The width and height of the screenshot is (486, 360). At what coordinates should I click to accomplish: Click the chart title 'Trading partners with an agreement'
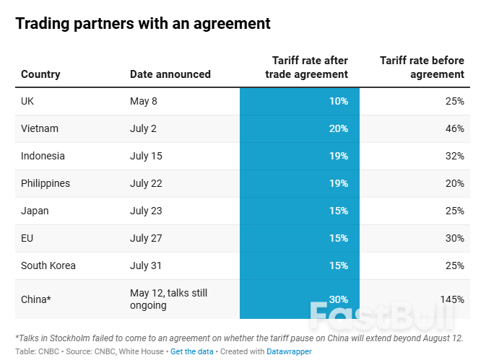[143, 24]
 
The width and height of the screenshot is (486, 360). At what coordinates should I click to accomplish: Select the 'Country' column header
[40, 74]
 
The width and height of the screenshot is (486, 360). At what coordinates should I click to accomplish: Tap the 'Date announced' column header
[170, 74]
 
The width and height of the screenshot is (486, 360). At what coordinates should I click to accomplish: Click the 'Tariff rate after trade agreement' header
[310, 67]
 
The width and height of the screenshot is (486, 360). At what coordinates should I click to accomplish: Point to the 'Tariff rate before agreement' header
[422, 67]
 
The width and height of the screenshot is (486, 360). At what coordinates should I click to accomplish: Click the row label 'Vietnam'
[40, 128]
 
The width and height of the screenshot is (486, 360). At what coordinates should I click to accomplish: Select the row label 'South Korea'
[48, 265]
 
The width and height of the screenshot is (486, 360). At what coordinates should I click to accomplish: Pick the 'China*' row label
[37, 299]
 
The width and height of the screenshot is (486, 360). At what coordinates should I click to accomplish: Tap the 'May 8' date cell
[143, 101]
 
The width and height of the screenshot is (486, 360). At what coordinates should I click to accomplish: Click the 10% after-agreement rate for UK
[339, 101]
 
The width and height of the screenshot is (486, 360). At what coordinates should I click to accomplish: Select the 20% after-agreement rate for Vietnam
[339, 128]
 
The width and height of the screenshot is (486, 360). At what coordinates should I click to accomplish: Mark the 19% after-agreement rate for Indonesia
[339, 156]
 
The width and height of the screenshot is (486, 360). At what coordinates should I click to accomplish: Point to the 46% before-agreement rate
[454, 128]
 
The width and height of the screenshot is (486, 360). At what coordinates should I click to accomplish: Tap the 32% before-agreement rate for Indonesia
[454, 156]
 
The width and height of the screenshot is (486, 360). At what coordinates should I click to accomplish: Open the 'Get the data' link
[192, 351]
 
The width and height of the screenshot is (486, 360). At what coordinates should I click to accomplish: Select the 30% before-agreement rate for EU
[454, 238]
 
